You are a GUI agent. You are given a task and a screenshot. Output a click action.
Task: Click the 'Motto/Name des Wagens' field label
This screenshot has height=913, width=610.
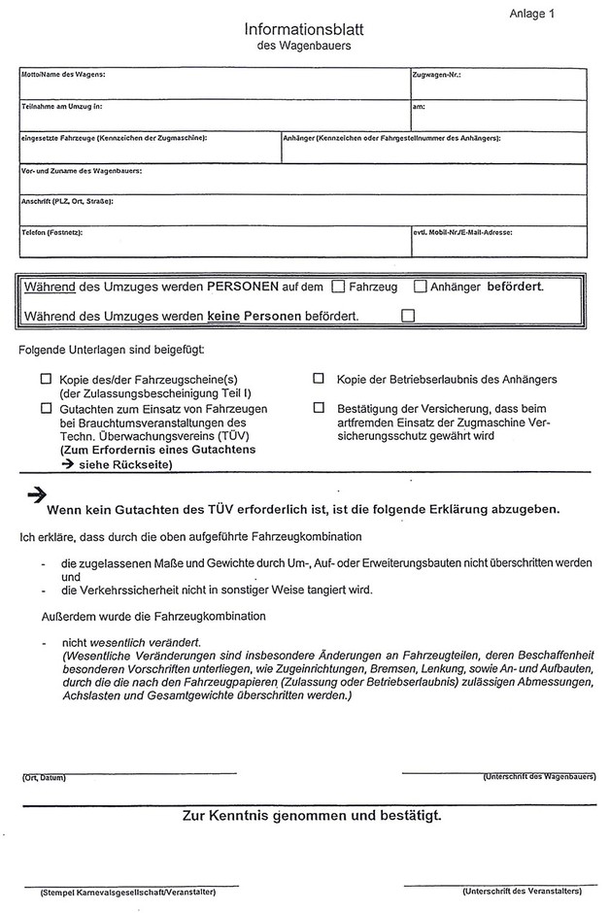coord(63,74)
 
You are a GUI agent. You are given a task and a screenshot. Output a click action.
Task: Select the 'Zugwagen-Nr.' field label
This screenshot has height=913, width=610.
coord(436,74)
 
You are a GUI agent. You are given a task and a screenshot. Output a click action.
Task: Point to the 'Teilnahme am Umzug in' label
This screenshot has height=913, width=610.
coord(61,105)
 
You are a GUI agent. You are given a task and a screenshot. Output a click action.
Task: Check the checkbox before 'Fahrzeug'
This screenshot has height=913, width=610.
coord(338,287)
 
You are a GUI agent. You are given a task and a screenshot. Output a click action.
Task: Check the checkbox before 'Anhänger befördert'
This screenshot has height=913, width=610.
coord(420,287)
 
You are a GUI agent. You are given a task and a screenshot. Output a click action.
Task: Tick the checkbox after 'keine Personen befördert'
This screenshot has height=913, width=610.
coord(407,315)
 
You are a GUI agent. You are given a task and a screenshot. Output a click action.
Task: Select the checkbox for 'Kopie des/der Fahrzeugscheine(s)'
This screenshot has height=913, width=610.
coord(46,380)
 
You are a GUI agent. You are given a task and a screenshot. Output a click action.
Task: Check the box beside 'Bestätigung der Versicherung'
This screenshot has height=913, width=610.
coord(318,409)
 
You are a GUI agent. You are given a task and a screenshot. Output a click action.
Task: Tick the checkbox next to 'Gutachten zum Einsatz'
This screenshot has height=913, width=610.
coord(46,409)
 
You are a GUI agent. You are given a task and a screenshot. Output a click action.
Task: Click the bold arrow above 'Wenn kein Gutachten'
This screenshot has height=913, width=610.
coord(37,495)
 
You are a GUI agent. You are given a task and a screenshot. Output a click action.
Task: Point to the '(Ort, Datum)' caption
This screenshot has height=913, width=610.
coord(45,778)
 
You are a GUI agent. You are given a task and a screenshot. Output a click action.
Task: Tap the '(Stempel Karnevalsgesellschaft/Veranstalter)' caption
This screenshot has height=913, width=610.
coord(127,892)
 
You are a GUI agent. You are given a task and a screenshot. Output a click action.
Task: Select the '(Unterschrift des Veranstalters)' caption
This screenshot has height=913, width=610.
coord(526,891)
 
